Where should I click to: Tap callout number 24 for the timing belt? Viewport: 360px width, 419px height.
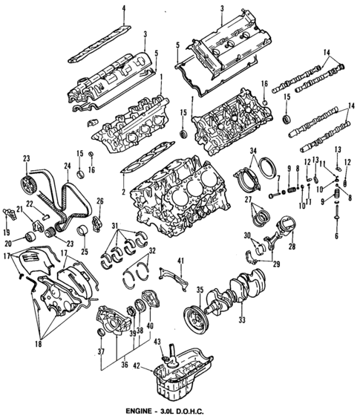pyautogui.click(x=67, y=165)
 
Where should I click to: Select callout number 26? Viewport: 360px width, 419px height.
pyautogui.click(x=100, y=201)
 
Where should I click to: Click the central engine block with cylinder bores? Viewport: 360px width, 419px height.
pyautogui.click(x=169, y=195)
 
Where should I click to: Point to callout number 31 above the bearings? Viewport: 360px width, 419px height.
pyautogui.click(x=115, y=226)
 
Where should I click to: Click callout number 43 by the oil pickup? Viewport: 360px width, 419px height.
pyautogui.click(x=157, y=341)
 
